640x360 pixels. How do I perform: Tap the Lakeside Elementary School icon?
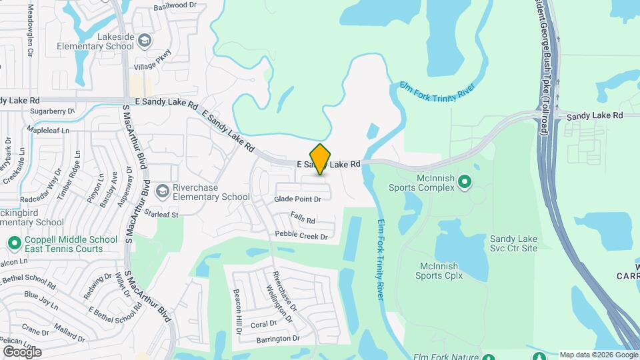(144, 42)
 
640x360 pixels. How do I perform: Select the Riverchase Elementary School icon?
(162, 192)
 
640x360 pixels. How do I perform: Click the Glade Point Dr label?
(297, 199)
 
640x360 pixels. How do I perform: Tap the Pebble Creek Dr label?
(301, 236)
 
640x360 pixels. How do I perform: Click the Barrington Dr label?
(278, 339)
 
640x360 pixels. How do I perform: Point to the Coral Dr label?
(263, 324)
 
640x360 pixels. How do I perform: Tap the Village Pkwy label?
(153, 61)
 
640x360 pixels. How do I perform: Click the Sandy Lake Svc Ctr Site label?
(513, 243)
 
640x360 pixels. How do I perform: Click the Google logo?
(22, 351)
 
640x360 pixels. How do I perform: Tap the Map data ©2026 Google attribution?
(598, 355)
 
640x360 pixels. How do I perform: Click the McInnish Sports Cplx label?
(439, 270)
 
